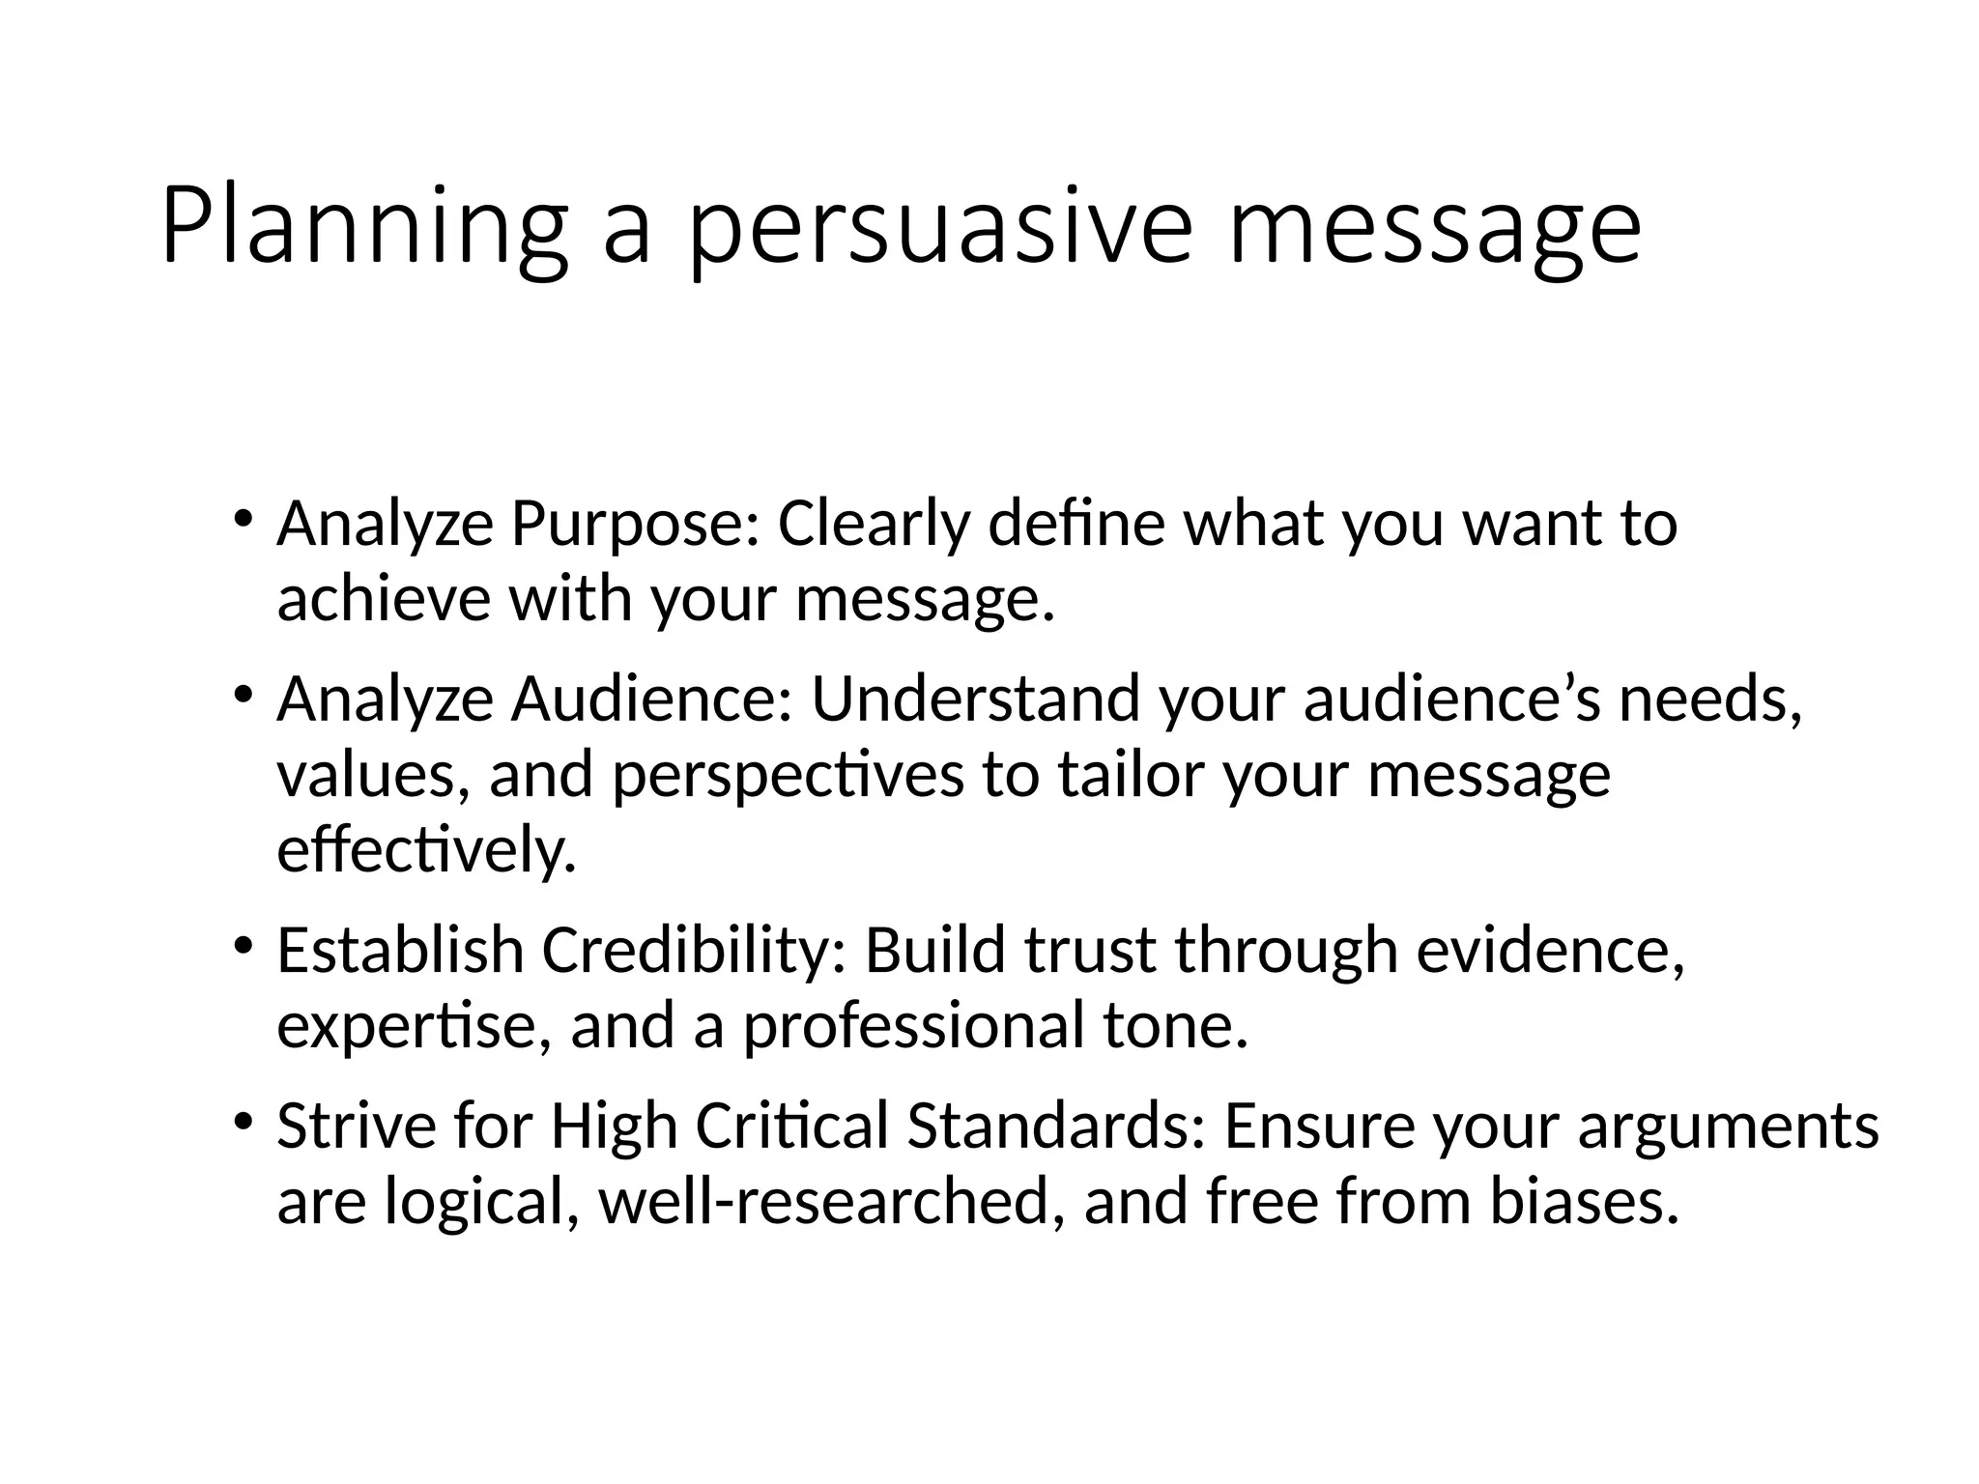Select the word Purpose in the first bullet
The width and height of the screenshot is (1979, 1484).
[x=635, y=526]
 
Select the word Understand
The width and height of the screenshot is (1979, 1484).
[x=975, y=699]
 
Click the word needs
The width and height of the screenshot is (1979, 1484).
[x=1709, y=699]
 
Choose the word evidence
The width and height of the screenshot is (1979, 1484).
[x=1550, y=951]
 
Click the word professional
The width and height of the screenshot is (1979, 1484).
[x=912, y=1026]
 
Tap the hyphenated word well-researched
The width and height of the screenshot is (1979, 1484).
[x=832, y=1202]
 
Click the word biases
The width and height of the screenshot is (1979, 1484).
[x=1583, y=1202]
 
